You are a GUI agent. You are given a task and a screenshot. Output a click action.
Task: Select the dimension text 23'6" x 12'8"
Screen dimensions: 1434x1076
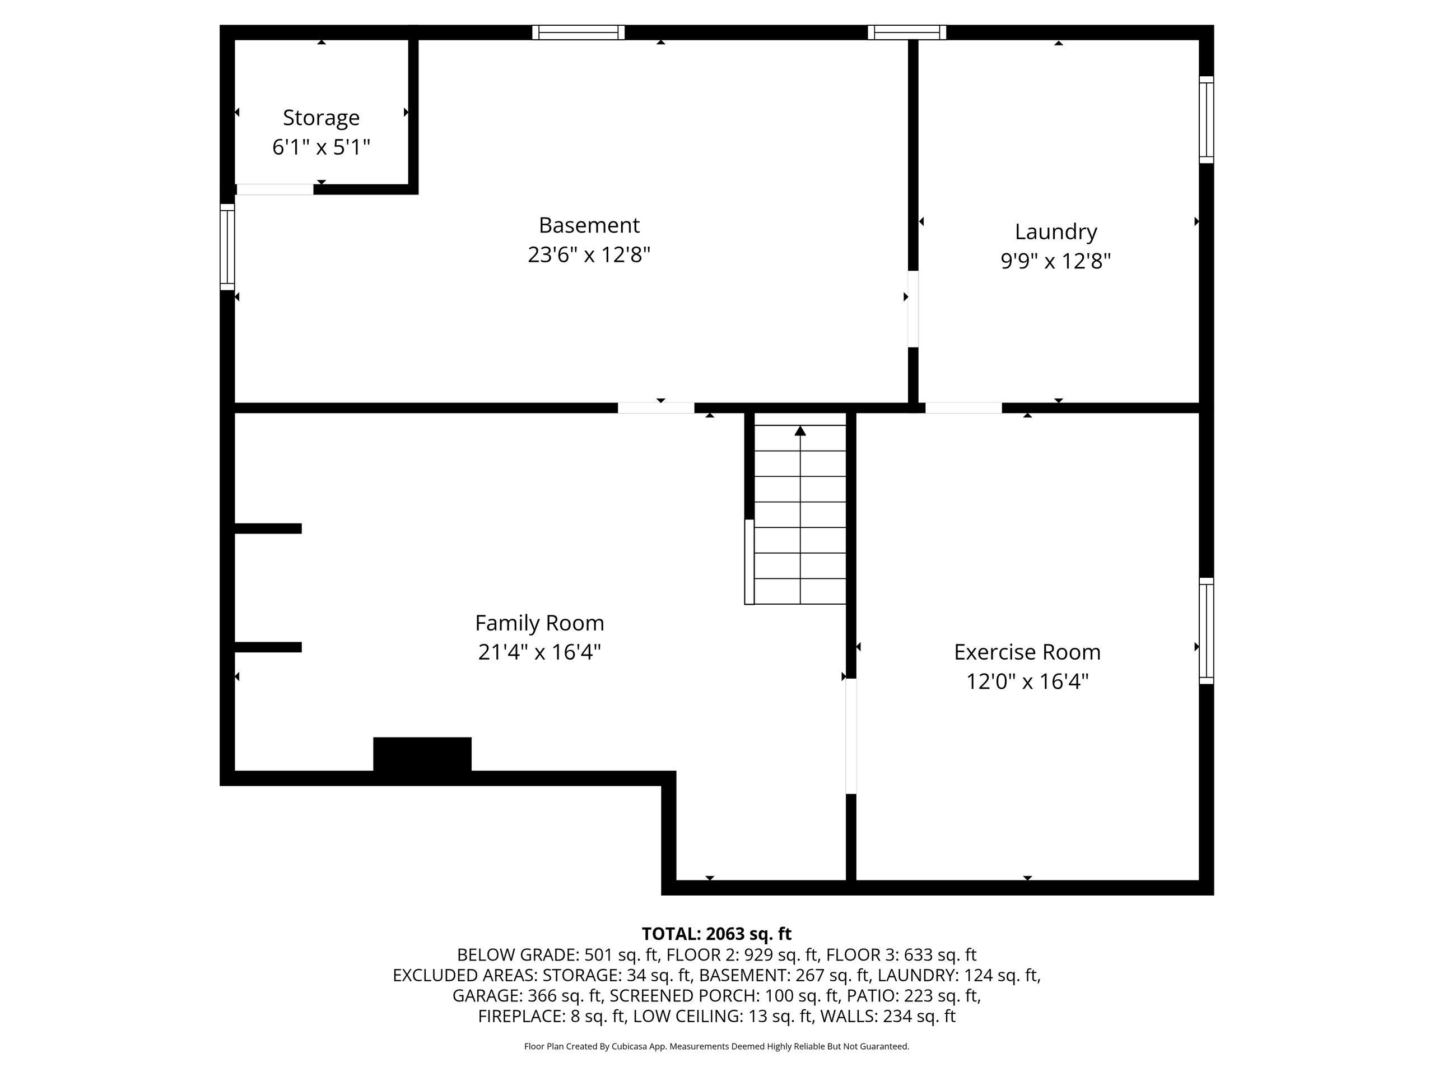[589, 255]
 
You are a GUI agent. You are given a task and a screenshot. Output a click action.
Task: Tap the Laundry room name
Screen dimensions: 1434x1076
[1055, 232]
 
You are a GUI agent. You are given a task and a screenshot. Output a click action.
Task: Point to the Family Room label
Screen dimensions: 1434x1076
[539, 623]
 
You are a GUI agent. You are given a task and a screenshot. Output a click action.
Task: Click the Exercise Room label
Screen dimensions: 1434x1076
[1027, 652]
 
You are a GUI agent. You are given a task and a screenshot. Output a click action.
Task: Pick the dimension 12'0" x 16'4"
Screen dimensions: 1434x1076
[1027, 681]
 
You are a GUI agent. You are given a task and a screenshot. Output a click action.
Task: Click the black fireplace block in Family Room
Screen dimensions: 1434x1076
[422, 755]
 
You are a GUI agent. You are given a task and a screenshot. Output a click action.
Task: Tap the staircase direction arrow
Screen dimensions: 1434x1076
[800, 430]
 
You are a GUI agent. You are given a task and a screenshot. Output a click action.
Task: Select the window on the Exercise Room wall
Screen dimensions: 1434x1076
[1206, 630]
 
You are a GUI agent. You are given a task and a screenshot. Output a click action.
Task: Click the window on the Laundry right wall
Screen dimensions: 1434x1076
[1206, 120]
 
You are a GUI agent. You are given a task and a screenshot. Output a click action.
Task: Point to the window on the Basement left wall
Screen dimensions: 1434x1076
[227, 247]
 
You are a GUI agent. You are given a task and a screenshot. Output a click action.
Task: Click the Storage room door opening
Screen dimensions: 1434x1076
[275, 189]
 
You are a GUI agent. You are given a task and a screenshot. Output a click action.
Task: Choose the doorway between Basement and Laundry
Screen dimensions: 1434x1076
[913, 309]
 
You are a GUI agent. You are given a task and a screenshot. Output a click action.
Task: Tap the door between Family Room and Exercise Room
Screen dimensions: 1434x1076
[851, 736]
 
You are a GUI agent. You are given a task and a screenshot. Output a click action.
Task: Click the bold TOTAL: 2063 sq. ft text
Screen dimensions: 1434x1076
[716, 934]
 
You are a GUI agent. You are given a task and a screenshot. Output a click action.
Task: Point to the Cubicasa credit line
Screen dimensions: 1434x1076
[716, 1046]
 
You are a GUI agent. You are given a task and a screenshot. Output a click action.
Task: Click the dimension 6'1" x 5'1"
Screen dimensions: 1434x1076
[321, 147]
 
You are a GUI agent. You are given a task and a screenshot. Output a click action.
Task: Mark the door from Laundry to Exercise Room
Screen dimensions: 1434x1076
[963, 408]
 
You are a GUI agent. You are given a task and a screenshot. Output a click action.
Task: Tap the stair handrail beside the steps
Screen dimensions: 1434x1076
[749, 562]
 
